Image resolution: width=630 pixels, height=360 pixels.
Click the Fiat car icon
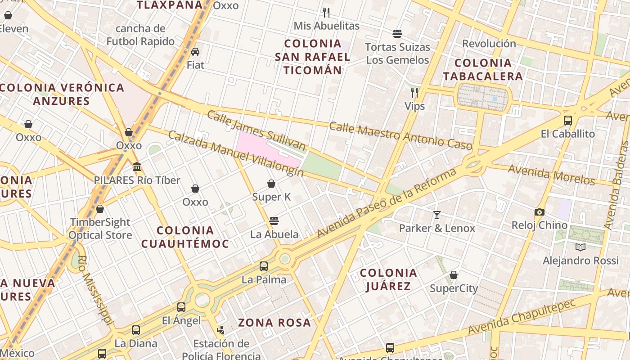[195, 52]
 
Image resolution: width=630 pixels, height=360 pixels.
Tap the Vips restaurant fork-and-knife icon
[414, 93]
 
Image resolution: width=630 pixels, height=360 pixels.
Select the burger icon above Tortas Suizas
[397, 34]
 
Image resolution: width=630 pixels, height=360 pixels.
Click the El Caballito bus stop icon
[568, 121]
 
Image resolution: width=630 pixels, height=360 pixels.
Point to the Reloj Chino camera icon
[539, 212]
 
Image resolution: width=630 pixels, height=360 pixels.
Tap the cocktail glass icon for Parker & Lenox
[436, 215]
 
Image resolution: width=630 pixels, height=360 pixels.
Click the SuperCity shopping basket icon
[454, 275]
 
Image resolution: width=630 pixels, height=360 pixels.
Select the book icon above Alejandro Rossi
[580, 247]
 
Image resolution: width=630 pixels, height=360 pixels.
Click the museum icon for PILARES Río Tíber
[137, 167]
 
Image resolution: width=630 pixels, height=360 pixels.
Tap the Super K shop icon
[271, 184]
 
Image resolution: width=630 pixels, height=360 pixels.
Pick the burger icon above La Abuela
[274, 221]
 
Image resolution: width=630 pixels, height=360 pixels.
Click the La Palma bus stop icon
[264, 266]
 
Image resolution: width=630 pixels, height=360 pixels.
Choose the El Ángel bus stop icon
[181, 307]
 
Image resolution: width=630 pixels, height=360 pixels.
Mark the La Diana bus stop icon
[136, 330]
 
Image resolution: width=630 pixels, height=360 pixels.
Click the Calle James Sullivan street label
[256, 130]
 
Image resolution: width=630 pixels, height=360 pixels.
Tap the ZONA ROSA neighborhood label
[274, 323]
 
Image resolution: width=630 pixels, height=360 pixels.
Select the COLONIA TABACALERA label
[483, 70]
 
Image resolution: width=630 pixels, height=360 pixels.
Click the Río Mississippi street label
[95, 290]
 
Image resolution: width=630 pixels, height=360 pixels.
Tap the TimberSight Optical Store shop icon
[100, 209]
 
